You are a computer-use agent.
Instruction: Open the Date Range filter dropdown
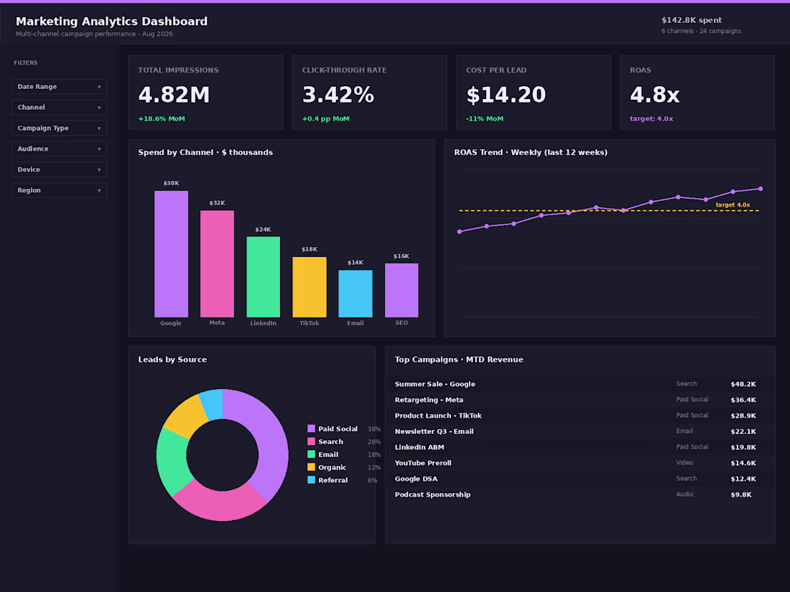click(x=59, y=87)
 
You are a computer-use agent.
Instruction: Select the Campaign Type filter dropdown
click(x=59, y=128)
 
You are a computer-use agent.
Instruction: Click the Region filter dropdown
click(x=59, y=190)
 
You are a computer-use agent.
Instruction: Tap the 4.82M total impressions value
click(x=174, y=95)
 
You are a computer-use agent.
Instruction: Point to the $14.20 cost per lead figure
click(x=506, y=95)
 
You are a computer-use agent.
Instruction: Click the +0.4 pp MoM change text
click(x=325, y=119)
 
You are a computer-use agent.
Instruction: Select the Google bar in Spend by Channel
click(x=172, y=254)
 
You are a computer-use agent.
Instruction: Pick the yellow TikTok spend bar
click(x=310, y=287)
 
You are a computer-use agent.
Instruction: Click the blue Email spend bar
click(x=355, y=293)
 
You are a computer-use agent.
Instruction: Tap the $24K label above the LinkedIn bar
click(x=263, y=230)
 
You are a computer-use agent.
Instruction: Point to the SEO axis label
click(x=401, y=323)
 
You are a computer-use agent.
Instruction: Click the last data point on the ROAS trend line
click(x=761, y=189)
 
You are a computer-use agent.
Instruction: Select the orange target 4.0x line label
click(x=733, y=205)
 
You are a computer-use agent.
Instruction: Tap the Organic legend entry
click(x=327, y=467)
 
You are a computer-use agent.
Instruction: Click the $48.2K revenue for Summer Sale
click(x=743, y=384)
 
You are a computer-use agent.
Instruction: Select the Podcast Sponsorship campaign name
click(x=432, y=494)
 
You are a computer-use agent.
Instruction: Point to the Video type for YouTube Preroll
click(x=684, y=463)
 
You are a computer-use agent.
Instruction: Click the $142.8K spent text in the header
click(x=691, y=20)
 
